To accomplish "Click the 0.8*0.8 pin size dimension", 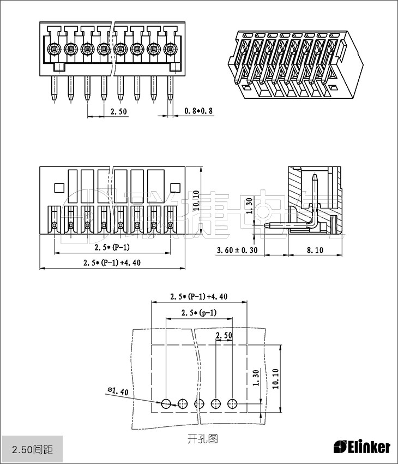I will coord(198,111).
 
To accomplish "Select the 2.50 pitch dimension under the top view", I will coord(119,111).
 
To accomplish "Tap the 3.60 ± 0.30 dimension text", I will coord(237,250).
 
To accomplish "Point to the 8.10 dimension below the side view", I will coord(315,250).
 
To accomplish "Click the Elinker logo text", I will coord(362,447).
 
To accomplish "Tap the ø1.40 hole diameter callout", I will coord(118,391).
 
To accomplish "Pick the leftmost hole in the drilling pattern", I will coord(166,403).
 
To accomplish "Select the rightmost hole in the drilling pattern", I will coord(233,403).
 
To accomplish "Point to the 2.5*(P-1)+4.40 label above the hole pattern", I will coord(198,296).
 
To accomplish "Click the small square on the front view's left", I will coord(59,187).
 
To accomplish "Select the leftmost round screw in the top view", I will coord(54,49).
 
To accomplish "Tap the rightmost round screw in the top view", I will coord(170,49).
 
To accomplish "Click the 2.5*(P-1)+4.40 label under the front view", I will coord(112,263).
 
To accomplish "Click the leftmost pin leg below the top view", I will coord(54,87).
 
